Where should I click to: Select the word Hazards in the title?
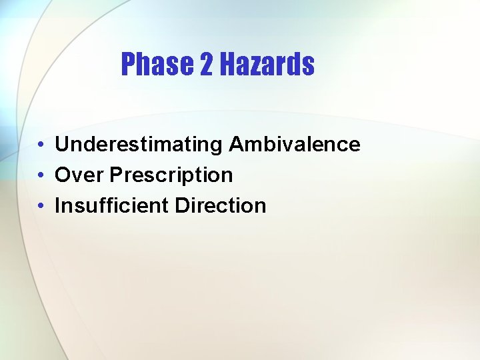click(x=267, y=65)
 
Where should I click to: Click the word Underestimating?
click(x=139, y=145)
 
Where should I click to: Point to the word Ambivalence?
click(x=294, y=145)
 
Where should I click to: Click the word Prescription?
click(x=171, y=175)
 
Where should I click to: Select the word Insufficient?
click(x=112, y=206)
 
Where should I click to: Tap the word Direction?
click(x=221, y=206)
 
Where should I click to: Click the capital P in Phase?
click(x=128, y=65)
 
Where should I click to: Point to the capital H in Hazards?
click(x=227, y=65)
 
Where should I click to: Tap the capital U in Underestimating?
click(x=61, y=145)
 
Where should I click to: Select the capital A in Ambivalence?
click(x=236, y=145)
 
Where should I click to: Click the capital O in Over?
click(x=63, y=175)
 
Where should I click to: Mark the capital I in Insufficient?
click(x=57, y=206)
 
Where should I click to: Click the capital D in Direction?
click(x=181, y=206)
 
